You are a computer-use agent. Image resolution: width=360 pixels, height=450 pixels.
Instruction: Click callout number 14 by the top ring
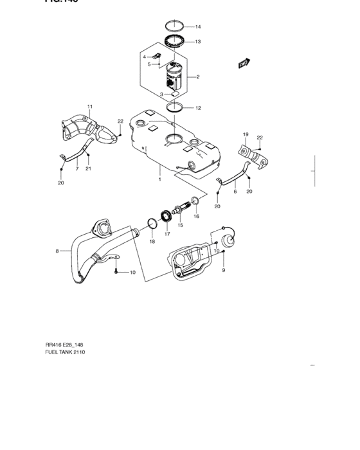point(198,27)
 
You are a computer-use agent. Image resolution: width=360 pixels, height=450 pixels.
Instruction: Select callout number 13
point(198,42)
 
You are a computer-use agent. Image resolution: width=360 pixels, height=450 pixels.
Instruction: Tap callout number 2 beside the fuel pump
point(198,77)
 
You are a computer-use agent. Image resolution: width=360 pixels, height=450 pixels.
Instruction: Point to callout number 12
point(198,108)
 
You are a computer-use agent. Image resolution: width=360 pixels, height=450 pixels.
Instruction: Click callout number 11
point(90,106)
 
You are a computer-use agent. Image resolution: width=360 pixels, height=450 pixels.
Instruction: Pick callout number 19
point(245,134)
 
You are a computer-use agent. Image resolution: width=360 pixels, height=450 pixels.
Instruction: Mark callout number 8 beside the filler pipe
point(57,251)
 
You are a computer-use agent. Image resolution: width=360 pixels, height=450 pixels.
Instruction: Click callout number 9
point(224,271)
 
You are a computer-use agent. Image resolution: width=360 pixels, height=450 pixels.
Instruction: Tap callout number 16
point(197,217)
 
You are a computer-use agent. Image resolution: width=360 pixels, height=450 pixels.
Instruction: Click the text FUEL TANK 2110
point(65,352)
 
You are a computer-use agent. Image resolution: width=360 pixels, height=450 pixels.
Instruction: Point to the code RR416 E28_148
point(67,343)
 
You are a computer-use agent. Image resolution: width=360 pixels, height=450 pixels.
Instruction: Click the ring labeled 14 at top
point(176,27)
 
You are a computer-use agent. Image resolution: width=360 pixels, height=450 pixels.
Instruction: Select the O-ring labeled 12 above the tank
point(175,108)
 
